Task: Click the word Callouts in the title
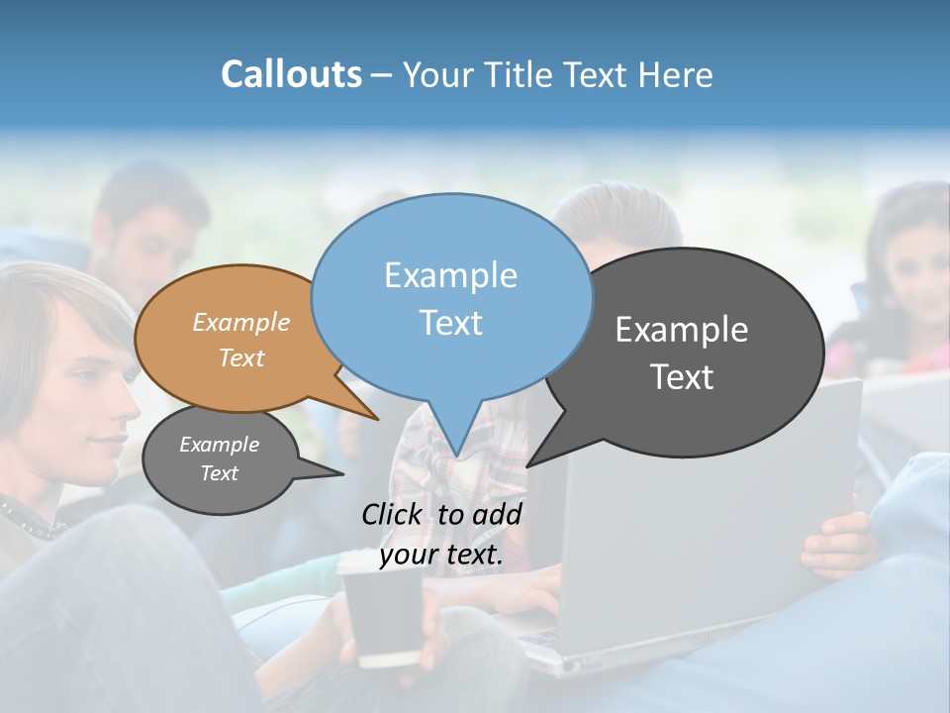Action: coord(291,74)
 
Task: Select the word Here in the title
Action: coord(677,74)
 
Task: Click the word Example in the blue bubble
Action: coord(450,275)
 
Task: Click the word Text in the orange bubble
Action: coord(241,357)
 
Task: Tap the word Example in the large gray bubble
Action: coord(682,330)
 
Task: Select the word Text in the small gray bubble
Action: coord(219,473)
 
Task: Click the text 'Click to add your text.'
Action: coord(441,534)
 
